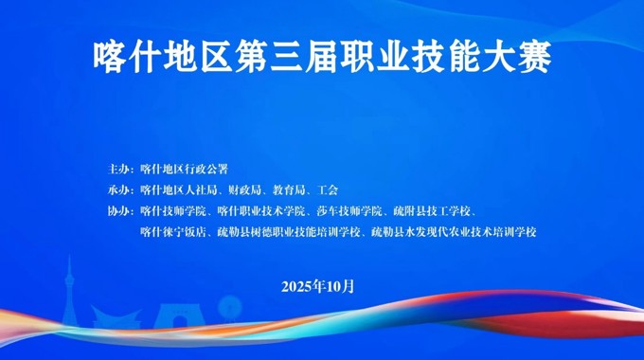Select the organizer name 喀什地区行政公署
point(184,171)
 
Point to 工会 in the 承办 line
point(329,190)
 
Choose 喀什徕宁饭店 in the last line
point(172,230)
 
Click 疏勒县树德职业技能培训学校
point(289,230)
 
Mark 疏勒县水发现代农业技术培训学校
point(453,230)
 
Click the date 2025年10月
point(318,286)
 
